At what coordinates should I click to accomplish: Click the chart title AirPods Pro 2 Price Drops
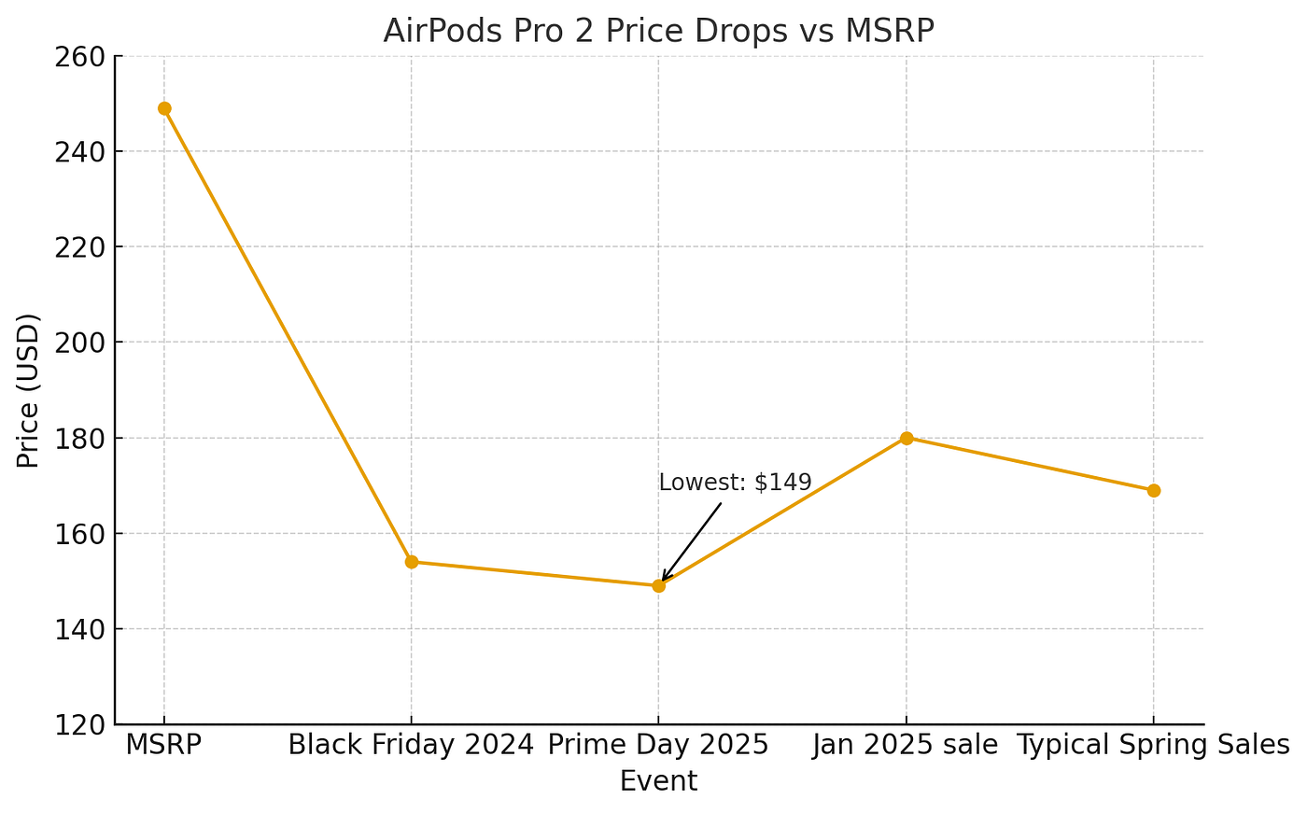658,31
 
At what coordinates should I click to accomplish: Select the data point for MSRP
164,108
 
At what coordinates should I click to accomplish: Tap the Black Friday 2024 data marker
412,562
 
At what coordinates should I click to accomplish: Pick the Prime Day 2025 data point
658,586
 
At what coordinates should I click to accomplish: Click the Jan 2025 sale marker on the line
906,438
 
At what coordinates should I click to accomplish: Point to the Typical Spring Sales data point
1153,490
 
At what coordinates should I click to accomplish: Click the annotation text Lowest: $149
735,483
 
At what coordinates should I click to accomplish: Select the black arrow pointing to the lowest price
691,542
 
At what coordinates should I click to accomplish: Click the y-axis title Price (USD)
29,390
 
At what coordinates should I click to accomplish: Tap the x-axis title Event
658,780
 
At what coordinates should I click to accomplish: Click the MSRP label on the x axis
164,745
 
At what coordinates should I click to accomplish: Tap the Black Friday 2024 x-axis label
412,745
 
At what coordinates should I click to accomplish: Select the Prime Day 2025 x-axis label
658,745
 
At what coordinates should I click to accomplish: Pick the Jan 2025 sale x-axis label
906,745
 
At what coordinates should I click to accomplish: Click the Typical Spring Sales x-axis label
1153,745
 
